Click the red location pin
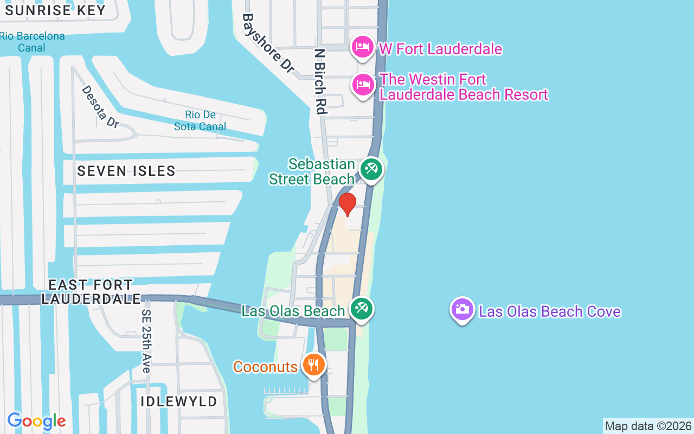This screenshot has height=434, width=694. [x=348, y=204]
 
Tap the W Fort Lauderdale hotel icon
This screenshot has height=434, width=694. [x=362, y=47]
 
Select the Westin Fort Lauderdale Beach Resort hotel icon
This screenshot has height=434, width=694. [x=363, y=85]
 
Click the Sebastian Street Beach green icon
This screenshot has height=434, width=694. [x=371, y=169]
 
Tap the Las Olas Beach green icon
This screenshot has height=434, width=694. [x=361, y=309]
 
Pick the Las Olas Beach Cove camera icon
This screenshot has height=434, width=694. [x=462, y=309]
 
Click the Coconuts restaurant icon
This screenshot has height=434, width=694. [x=313, y=365]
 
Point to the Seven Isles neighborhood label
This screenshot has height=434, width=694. [x=126, y=171]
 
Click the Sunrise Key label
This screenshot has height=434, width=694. [x=55, y=10]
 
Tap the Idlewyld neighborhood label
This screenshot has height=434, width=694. [x=179, y=402]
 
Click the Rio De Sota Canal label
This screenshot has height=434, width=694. [x=200, y=120]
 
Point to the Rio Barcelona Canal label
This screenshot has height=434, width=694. [x=32, y=42]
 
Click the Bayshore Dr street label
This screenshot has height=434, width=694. [x=268, y=43]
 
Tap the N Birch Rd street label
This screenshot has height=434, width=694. [x=320, y=81]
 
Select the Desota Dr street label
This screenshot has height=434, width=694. [x=100, y=106]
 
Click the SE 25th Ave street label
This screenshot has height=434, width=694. [x=146, y=341]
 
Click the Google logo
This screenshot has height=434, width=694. [x=36, y=421]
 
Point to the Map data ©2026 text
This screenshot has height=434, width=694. [x=648, y=426]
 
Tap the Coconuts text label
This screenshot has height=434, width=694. [x=266, y=367]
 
